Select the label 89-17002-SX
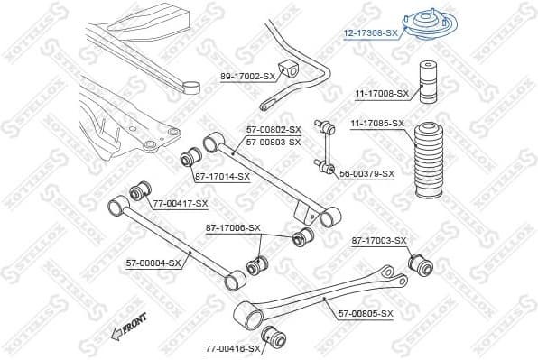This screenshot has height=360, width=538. (247, 77)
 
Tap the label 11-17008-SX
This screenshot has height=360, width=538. (381, 92)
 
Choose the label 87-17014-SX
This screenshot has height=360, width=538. (222, 175)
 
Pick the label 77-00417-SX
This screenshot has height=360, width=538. (180, 203)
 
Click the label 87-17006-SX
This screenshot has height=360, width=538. (233, 227)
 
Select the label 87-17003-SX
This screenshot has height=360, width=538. (379, 240)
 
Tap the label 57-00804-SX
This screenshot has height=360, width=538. (153, 263)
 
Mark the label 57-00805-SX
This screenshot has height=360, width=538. (366, 313)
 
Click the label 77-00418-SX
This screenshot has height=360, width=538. (233, 347)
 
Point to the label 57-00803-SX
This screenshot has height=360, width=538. (274, 142)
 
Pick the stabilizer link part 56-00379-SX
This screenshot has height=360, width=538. (323, 144)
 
